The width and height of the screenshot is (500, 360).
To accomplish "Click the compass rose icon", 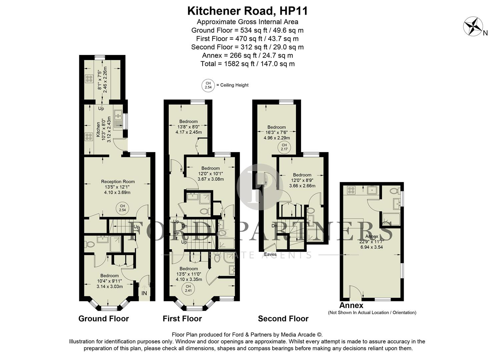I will (474, 27).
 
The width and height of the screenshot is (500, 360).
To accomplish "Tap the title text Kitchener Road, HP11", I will (247, 11).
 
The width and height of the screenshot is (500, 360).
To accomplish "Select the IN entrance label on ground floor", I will (144, 293).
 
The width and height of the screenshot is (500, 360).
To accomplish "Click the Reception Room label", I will (118, 182).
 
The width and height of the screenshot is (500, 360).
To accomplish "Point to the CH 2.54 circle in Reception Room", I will (123, 208).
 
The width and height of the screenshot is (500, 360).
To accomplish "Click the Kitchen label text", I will (98, 130).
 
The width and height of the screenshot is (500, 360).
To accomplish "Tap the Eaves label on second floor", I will (270, 254).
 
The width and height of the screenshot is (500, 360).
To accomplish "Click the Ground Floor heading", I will (103, 319).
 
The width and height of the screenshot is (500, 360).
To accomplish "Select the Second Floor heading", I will (283, 319).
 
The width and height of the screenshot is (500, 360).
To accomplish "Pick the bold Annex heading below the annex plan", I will (351, 305).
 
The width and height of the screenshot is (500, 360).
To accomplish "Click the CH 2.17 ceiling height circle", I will (284, 147).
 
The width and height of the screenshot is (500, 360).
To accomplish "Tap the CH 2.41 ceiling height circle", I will (188, 288).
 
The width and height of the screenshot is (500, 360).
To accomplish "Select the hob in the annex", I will (351, 190).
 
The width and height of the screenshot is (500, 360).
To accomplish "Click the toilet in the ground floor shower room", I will (89, 244).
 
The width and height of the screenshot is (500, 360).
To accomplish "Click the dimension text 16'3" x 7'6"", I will (277, 132).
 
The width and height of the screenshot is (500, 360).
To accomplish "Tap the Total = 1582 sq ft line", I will (247, 64).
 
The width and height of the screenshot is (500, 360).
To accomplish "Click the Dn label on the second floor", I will (274, 226).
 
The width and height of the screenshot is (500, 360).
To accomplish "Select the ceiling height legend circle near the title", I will (208, 85).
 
